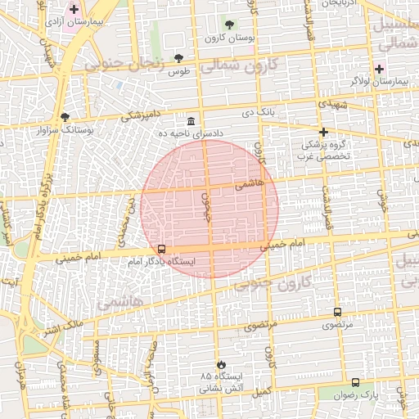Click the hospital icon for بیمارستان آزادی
coord(74,9)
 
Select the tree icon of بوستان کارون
coord(228,25)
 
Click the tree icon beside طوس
coord(178,58)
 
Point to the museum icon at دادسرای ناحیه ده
coord(191,120)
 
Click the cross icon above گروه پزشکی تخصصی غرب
coord(323,132)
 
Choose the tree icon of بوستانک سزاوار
coord(65,117)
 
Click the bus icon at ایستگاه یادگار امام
coord(161,249)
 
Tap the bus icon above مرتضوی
coord(337,312)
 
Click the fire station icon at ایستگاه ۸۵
coord(220,363)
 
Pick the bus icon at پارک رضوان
coord(355,382)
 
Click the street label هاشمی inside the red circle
coord(250,185)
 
